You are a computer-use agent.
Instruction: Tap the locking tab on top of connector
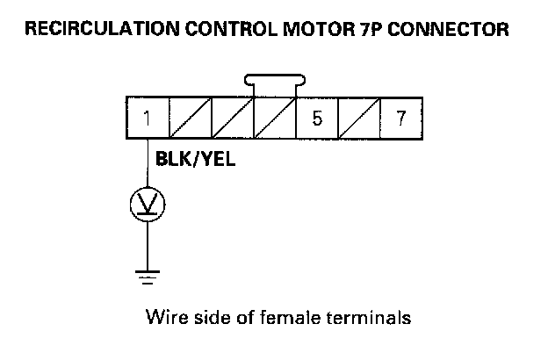[274, 82]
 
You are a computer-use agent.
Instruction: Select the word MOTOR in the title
[306, 30]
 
